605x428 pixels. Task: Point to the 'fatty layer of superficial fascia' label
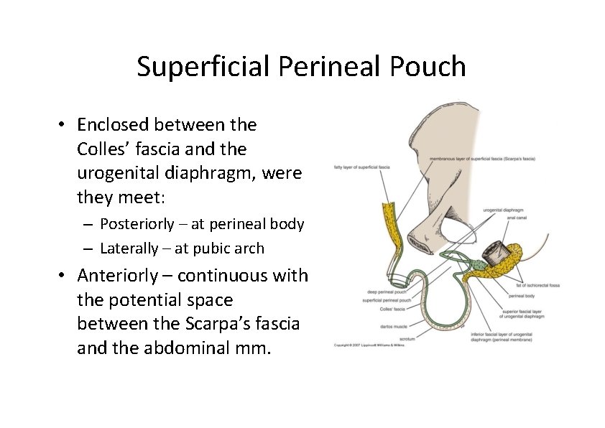(361, 167)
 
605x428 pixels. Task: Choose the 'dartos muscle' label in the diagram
(394, 325)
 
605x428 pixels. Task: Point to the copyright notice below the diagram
(369, 345)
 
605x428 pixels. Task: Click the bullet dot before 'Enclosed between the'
(63, 125)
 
